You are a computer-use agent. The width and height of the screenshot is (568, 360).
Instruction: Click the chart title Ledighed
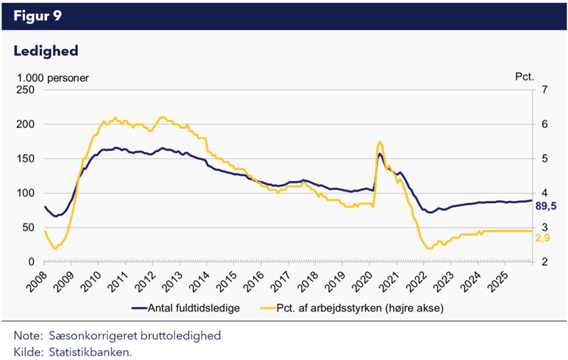point(46,51)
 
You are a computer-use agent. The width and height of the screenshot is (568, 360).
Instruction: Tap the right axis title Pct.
point(525,77)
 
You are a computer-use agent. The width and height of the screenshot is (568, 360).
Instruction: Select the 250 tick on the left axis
point(27,89)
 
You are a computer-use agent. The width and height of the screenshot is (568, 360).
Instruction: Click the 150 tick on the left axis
point(27,158)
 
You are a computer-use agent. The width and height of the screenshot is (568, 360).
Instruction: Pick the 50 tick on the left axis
point(29,227)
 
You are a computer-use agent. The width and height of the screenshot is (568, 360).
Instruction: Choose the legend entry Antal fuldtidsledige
point(195,308)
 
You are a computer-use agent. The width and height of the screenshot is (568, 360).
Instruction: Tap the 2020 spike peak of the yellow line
point(379,142)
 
